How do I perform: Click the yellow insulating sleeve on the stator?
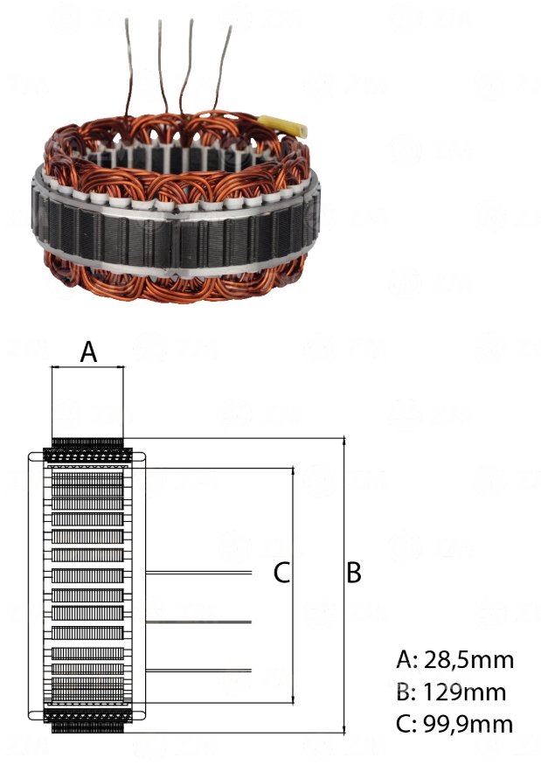[x=282, y=126]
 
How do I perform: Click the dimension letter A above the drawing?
[x=88, y=351]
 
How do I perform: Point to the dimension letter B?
[x=354, y=573]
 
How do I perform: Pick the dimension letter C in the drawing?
[x=282, y=573]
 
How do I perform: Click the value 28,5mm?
[x=468, y=660]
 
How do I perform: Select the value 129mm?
[x=464, y=692]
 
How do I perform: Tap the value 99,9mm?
[x=468, y=724]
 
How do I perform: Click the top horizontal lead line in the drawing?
[x=198, y=573]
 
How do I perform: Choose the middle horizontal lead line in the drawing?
[x=198, y=622]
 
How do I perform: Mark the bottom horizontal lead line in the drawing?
[x=198, y=671]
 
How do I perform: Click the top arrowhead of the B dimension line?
[x=344, y=441]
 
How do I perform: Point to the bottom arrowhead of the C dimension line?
[x=293, y=699]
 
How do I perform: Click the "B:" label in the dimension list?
[x=406, y=692]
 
